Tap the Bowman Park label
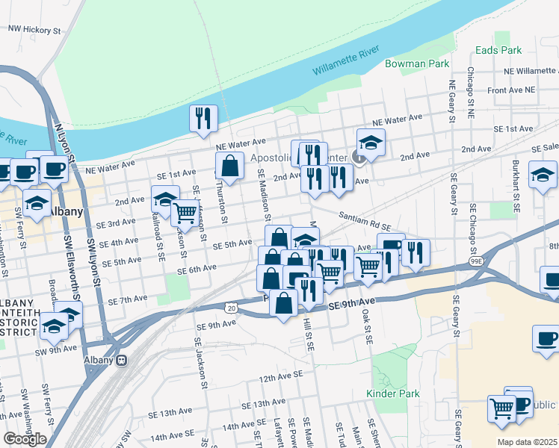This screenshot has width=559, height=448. coord(416,64)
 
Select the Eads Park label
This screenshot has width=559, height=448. coord(498,51)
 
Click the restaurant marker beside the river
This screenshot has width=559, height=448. coord(203,119)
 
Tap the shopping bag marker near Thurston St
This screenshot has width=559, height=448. coord(230,167)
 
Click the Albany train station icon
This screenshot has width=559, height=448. coord(122,360)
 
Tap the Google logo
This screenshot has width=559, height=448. coord(25,439)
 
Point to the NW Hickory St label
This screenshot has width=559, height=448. coord(34,31)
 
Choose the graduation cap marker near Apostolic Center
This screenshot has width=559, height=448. coord(371,140)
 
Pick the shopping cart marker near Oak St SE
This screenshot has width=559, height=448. coord(368,266)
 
